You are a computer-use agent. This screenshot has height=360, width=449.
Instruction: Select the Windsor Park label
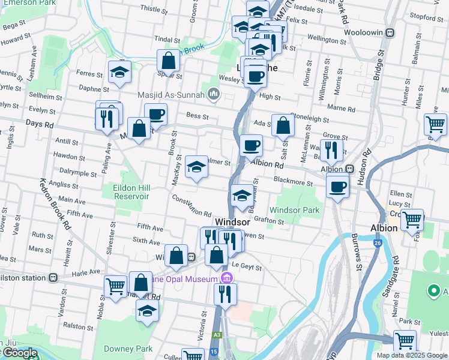tap(294, 210)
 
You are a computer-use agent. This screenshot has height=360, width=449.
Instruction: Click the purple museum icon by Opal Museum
tap(226, 278)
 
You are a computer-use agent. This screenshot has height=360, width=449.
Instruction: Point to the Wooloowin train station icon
tap(390, 32)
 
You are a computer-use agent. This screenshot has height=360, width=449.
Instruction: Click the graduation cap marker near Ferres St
tap(119, 72)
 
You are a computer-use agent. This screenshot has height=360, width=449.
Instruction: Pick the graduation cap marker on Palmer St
tap(196, 167)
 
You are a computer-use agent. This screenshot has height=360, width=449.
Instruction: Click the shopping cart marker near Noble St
tap(115, 286)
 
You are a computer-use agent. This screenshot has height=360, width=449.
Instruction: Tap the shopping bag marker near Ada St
tap(283, 125)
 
